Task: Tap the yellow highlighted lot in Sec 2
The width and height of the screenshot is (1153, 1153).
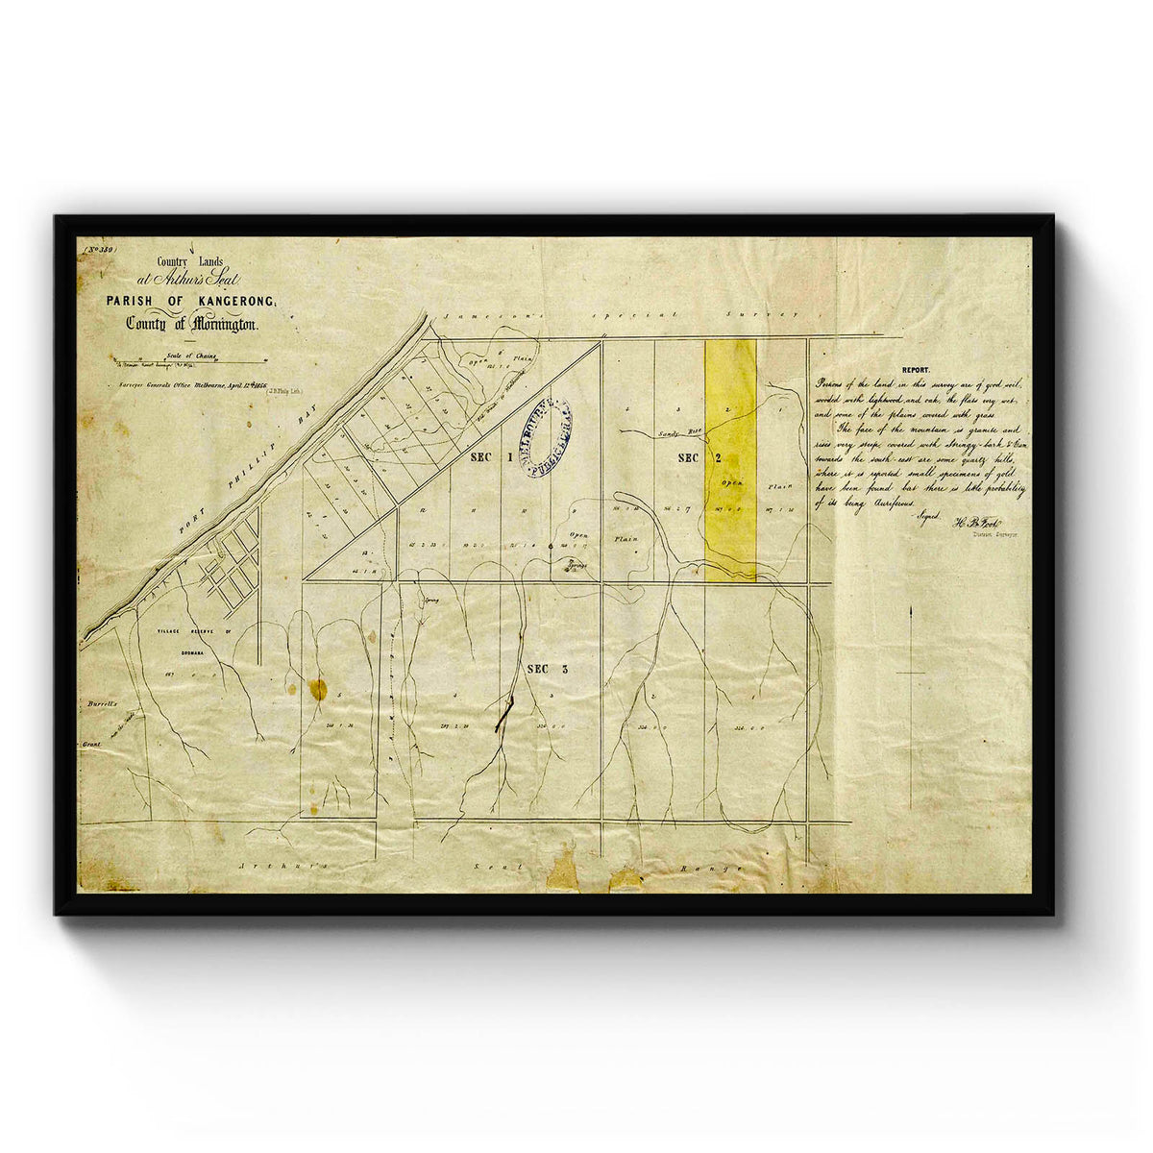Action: click(x=730, y=461)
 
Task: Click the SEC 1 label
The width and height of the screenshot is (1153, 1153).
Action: click(x=491, y=459)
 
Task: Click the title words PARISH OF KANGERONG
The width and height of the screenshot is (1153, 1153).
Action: click(x=191, y=302)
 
